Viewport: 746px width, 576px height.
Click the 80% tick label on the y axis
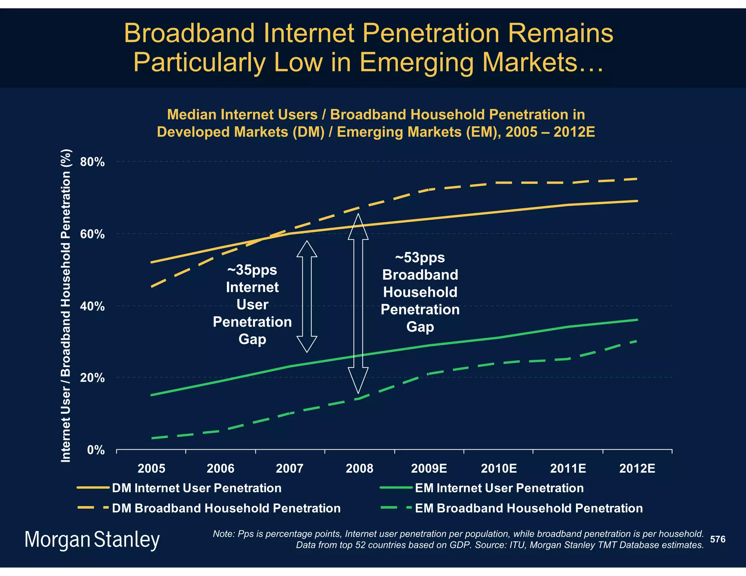click(x=92, y=162)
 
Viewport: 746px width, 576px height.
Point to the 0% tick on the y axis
click(x=96, y=450)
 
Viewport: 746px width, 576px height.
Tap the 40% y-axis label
click(x=92, y=306)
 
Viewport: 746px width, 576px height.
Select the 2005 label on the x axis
click(x=151, y=468)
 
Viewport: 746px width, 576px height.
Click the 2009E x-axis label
click(x=429, y=468)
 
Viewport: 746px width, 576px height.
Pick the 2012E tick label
click(x=637, y=468)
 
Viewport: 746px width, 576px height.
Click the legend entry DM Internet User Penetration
click(x=196, y=488)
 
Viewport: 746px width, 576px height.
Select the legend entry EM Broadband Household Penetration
click(x=529, y=508)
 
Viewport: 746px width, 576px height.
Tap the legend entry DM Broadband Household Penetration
click(x=226, y=508)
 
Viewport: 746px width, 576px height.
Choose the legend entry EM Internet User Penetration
click(x=499, y=488)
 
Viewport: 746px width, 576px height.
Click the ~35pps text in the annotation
click(x=252, y=270)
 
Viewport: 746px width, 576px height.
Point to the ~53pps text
click(x=420, y=258)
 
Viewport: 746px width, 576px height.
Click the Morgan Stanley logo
click(x=92, y=540)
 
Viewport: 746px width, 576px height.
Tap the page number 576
click(x=718, y=539)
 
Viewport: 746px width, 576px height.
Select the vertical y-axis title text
click(x=66, y=306)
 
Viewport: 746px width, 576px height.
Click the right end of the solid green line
click(x=637, y=320)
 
